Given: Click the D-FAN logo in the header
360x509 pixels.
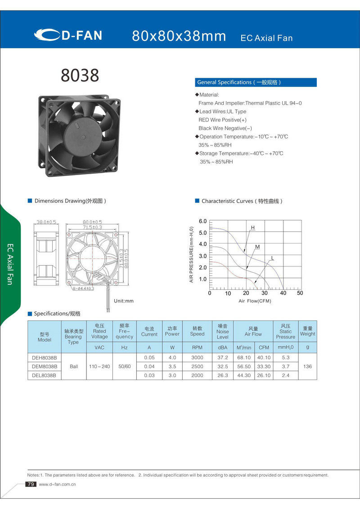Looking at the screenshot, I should coord(69,35).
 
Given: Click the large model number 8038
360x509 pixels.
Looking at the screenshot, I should coord(80,75).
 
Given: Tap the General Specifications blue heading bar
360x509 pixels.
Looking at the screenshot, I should coord(256,82).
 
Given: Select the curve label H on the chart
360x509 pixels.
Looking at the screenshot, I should coord(252,228).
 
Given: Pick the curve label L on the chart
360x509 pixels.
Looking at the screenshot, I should coord(272,258).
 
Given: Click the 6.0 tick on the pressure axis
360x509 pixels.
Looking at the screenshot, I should coord(202,221).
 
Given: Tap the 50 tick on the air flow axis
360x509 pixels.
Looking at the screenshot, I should coord(300,293).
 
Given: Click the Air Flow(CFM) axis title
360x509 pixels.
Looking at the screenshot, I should coord(255,301).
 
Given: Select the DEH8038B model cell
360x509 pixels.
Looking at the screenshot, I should coord(44,357).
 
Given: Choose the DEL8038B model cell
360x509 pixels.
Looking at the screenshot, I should coord(44,375).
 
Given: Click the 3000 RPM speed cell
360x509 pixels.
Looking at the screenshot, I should coord(197,357).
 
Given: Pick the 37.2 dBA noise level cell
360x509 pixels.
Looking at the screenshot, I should coord(222,357).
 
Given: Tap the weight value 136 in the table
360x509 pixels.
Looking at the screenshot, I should coord(307,366).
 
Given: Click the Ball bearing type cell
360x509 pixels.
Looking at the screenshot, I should coord(74,366).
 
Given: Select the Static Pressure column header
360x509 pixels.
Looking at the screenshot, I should coord(285,331).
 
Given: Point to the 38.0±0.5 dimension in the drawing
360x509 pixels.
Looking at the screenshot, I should coord(46,222).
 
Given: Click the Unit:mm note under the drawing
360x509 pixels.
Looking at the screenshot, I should coord(124,301).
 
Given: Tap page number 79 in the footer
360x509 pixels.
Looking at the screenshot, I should coord(31,484).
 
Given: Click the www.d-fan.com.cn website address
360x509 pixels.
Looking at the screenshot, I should coord(57,484).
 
